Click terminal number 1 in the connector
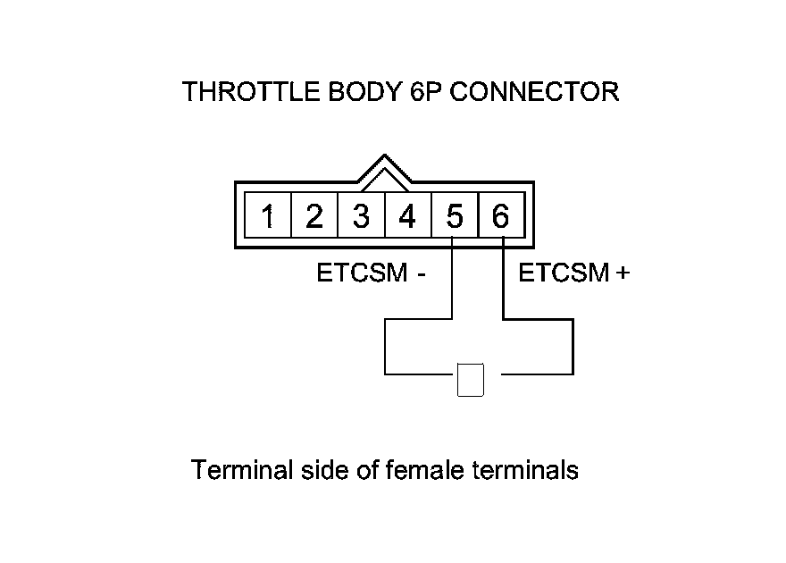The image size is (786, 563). (268, 216)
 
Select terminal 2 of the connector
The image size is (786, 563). (314, 216)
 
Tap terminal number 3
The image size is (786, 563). (361, 216)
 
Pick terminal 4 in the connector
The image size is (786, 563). (407, 216)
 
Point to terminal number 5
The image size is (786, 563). (454, 216)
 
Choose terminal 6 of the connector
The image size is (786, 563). (500, 216)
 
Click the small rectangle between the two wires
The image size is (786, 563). (470, 380)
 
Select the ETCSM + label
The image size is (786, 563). (574, 273)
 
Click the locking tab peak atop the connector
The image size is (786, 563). (384, 160)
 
